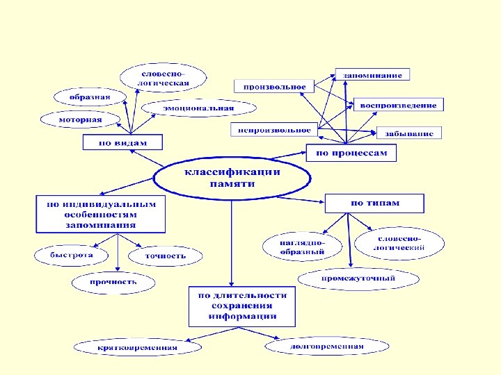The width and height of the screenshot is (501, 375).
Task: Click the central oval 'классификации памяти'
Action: [232, 178]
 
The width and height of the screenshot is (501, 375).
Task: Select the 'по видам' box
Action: [122, 142]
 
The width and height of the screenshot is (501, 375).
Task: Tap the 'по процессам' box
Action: [351, 152]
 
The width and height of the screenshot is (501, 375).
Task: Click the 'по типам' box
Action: [374, 203]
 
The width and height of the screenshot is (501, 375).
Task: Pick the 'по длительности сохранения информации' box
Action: [242, 306]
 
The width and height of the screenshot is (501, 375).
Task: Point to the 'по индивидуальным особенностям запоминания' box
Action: [101, 214]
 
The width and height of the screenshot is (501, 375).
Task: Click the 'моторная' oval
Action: [80, 119]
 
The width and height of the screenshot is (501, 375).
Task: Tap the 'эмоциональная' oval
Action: [198, 108]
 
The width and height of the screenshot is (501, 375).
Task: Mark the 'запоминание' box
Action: [373, 74]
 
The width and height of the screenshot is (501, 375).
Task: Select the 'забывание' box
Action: [410, 133]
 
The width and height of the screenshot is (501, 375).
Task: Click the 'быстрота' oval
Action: [71, 255]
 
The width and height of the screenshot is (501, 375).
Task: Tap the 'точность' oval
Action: [166, 256]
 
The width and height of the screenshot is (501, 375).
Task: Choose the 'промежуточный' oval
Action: [358, 278]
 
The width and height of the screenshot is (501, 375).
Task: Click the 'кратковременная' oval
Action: [136, 347]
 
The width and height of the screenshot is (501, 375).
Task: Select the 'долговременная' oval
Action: [326, 345]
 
